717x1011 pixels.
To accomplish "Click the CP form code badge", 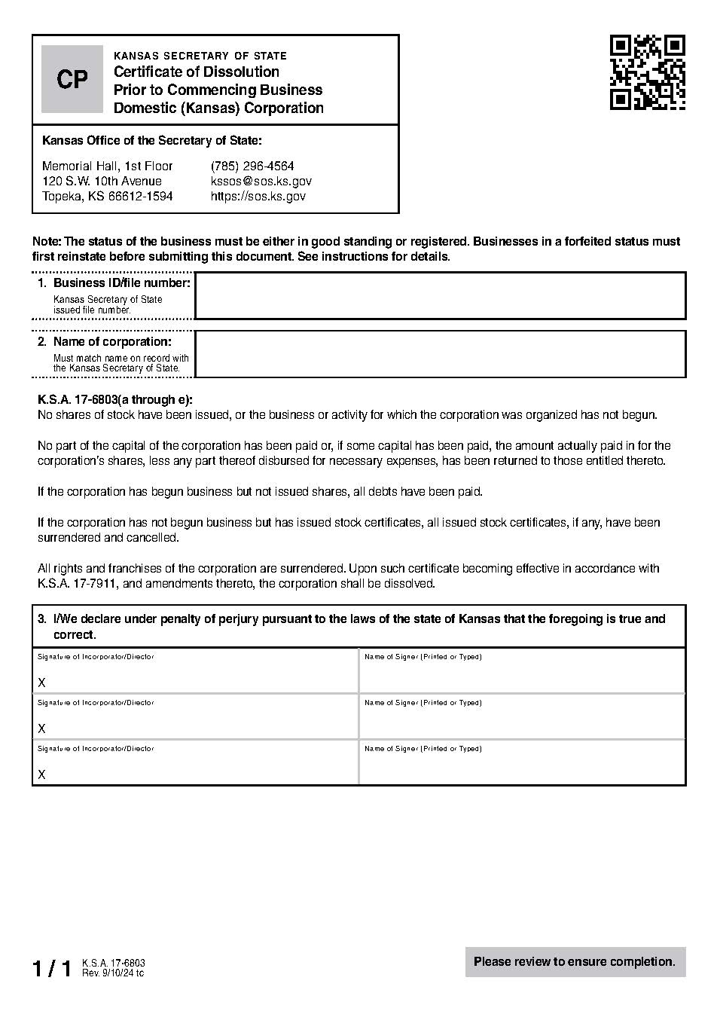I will coord(72,79).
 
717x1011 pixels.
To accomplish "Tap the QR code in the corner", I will coord(647,72).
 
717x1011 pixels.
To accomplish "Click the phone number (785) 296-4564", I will coord(252,166).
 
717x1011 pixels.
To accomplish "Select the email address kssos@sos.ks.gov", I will coord(261,181).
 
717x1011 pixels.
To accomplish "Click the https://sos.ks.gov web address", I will coord(258,196).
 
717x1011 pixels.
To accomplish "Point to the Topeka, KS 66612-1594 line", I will coord(107,196).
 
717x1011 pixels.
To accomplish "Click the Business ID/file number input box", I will coord(440,295).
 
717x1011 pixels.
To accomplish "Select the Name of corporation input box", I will coord(440,353).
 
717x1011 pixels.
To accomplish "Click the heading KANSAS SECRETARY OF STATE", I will coord(200,56).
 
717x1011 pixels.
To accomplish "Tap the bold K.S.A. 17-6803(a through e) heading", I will coord(115,400).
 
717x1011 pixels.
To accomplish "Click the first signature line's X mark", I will coord(42,683).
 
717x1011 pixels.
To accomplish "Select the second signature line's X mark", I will coord(42,728).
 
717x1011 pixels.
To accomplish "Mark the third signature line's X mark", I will coord(42,774).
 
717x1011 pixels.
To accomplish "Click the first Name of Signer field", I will coord(521,675).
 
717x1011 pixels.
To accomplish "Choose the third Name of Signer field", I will coord(521,767).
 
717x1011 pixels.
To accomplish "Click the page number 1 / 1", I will coord(51,969).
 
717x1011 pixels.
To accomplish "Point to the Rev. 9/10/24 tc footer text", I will coord(113,973).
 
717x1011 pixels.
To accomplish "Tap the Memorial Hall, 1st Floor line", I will coord(107,166).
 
